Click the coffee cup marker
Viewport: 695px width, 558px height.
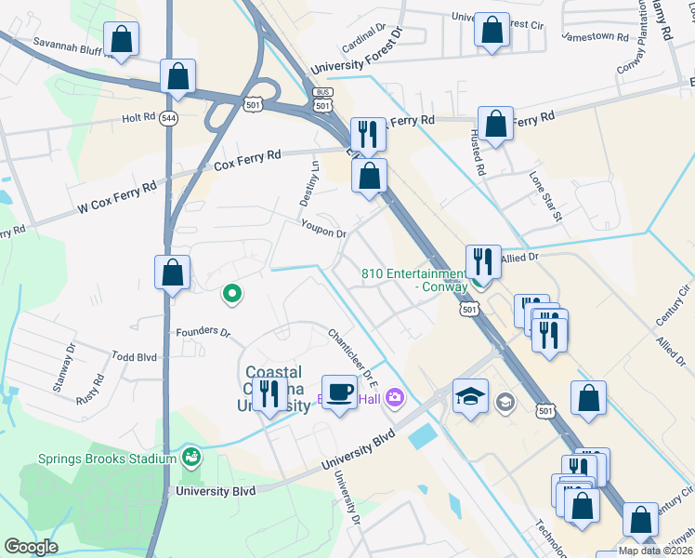click(339, 392)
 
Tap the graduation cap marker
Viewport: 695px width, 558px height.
click(470, 396)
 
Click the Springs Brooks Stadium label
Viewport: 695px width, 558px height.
click(107, 458)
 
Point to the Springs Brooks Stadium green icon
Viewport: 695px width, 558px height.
click(191, 456)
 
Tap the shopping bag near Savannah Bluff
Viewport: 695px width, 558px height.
click(121, 39)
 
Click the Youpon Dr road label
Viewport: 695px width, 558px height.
click(323, 226)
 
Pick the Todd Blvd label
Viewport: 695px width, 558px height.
click(135, 356)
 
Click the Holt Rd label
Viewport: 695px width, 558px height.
click(138, 118)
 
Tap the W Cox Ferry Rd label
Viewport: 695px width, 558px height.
click(117, 193)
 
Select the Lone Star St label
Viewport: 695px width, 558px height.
click(546, 196)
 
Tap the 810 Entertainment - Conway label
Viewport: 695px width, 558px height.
click(413, 280)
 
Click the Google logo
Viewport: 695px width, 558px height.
click(32, 547)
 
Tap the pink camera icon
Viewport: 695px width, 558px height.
click(396, 398)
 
